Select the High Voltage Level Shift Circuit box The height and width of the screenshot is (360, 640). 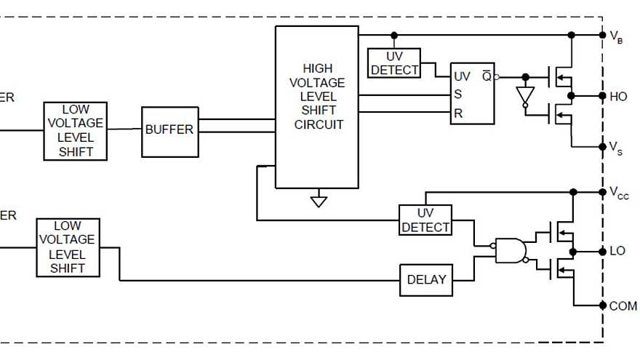[x=317, y=107]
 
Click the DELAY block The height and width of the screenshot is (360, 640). [x=425, y=280]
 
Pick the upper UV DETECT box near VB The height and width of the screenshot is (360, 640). [x=395, y=63]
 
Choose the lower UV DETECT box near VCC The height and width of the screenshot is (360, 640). [x=425, y=220]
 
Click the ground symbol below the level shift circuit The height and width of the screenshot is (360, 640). [x=319, y=200]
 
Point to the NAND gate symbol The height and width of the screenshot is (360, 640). [x=509, y=250]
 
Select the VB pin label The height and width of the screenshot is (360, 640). [x=615, y=36]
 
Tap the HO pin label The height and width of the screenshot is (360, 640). [x=617, y=96]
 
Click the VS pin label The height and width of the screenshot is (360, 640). [x=615, y=149]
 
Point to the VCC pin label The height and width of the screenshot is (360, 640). [x=618, y=193]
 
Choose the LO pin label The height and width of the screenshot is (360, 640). [x=617, y=251]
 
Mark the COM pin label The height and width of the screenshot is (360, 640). [x=623, y=306]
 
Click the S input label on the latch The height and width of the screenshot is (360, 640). [x=458, y=95]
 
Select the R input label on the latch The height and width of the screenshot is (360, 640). [x=458, y=113]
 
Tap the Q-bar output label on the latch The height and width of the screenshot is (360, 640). [x=486, y=76]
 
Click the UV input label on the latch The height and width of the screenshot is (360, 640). [x=463, y=76]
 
